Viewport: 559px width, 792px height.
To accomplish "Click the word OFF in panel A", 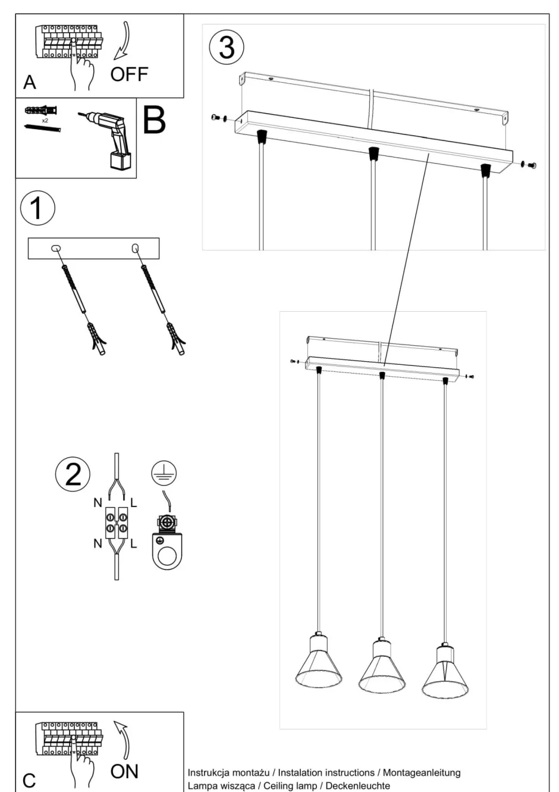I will coord(129,74).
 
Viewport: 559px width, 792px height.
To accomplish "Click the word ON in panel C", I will coord(124,771).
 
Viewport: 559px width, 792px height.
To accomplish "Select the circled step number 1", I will coord(37,209).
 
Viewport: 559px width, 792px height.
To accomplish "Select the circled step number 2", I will coord(73,474).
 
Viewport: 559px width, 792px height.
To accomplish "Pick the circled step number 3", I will coord(227,48).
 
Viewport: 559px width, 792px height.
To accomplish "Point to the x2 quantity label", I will coord(45,120).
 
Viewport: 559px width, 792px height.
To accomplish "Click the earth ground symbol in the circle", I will coord(164,474).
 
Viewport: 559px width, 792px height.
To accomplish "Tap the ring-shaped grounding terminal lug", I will coord(168,550).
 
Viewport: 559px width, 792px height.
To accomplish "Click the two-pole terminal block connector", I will coord(116,522).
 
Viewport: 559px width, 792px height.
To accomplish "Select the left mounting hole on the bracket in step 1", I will coord(55,248).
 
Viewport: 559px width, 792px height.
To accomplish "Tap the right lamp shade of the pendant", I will coord(445,674).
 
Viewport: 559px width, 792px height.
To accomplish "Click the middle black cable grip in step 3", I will coord(373,154).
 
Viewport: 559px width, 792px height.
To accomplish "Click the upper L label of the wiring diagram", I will coord(133,503).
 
